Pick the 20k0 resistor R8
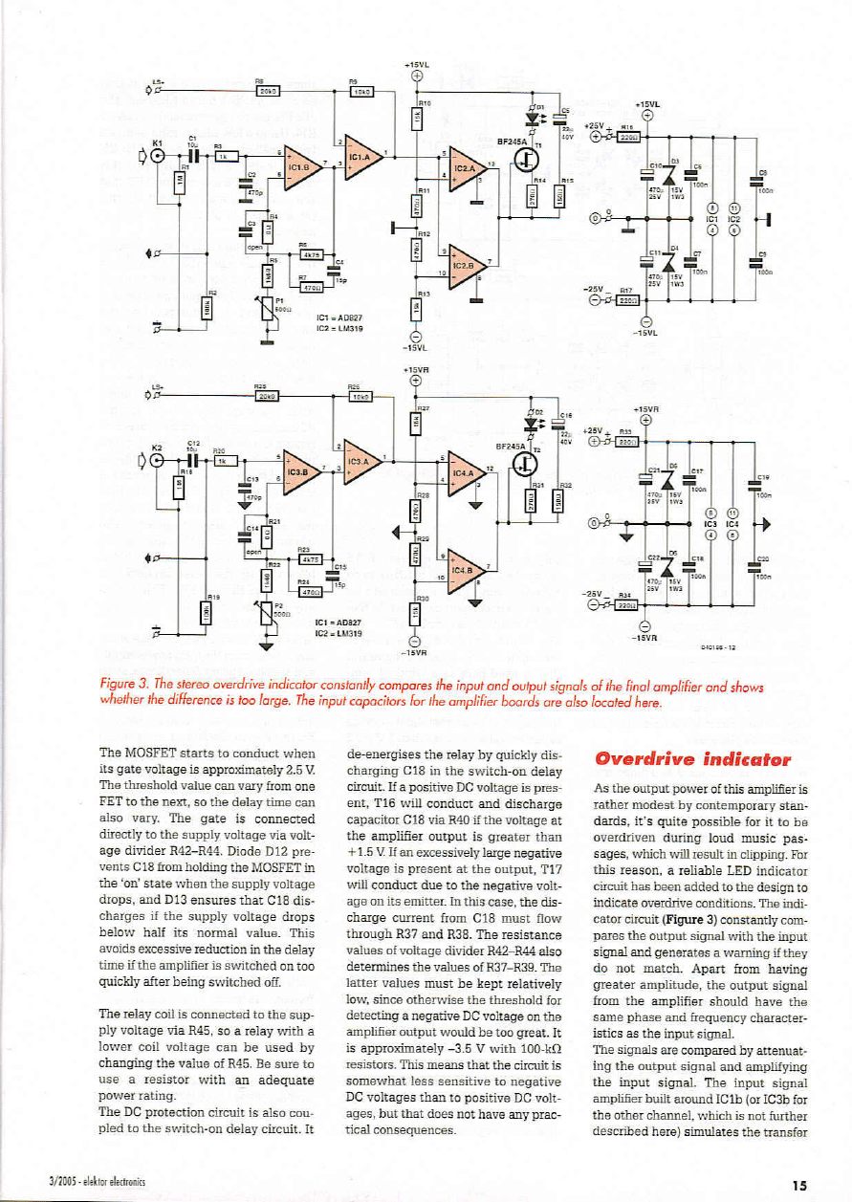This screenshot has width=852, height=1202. [267, 93]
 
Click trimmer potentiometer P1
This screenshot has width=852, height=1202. [269, 305]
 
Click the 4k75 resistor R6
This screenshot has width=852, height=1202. [312, 254]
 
